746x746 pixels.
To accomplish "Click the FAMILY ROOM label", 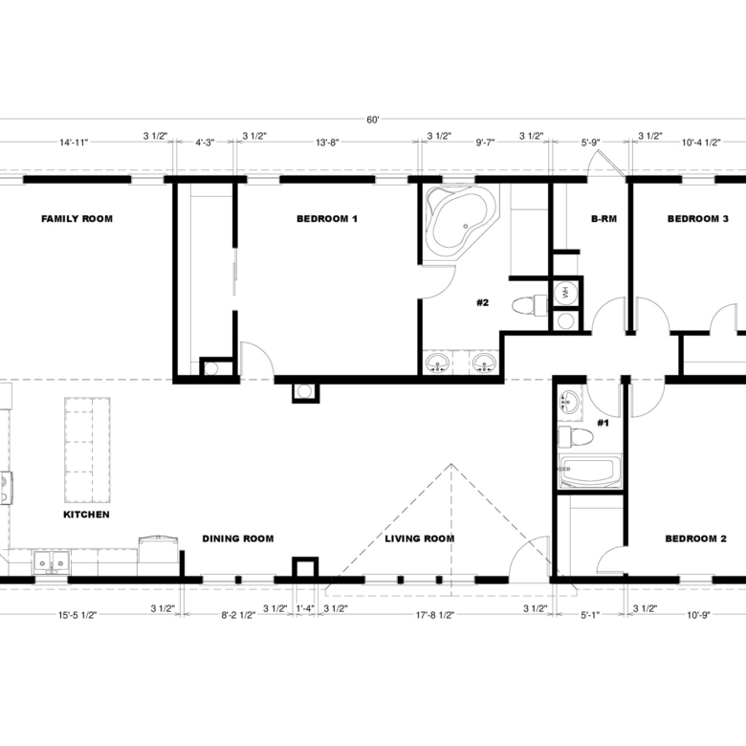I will pyautogui.click(x=77, y=219).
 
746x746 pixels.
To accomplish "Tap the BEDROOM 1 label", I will pyautogui.click(x=326, y=219).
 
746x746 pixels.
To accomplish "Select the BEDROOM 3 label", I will pyautogui.click(x=697, y=219).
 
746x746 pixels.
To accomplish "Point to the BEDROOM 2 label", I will pyautogui.click(x=696, y=538).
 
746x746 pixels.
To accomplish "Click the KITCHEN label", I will pyautogui.click(x=86, y=515).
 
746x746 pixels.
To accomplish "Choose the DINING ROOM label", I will pyautogui.click(x=237, y=538).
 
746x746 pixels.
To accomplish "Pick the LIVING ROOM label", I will pyautogui.click(x=419, y=538).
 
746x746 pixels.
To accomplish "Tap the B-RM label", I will pyautogui.click(x=603, y=219).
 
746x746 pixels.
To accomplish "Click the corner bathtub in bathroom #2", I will pyautogui.click(x=460, y=222).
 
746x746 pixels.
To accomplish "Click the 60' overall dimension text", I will pyautogui.click(x=372, y=120).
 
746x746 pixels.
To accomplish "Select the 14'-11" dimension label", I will pyautogui.click(x=73, y=143).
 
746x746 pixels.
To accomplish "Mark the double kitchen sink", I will pyautogui.click(x=50, y=563).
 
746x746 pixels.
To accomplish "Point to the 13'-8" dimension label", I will pyautogui.click(x=327, y=143).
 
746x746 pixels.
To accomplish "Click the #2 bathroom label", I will pyautogui.click(x=483, y=303).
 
